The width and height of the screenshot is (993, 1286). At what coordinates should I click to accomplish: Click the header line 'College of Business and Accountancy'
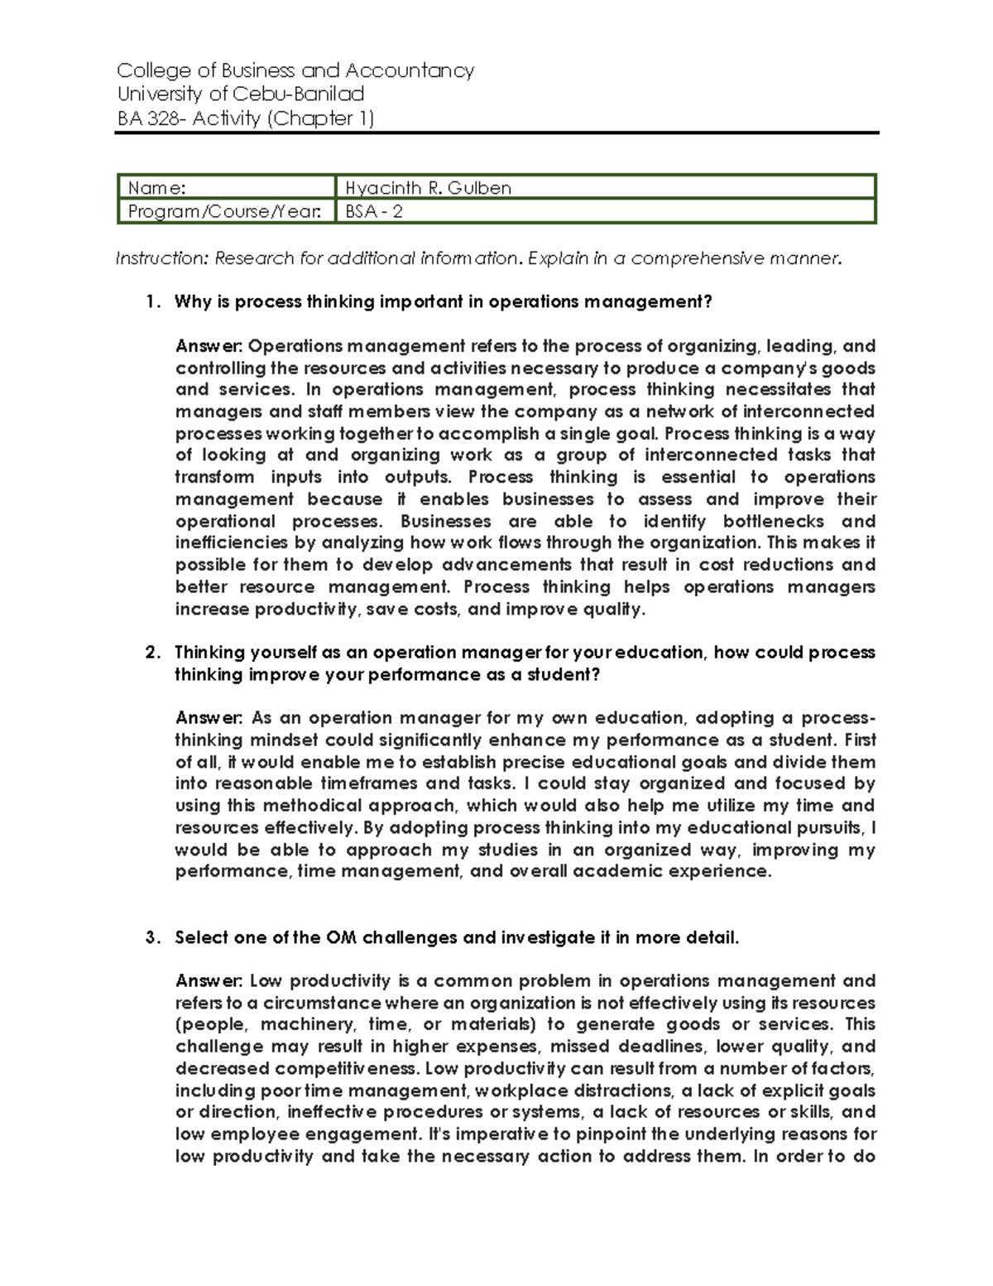coord(295,70)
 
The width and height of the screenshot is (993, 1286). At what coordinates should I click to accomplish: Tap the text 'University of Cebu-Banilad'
coord(241,94)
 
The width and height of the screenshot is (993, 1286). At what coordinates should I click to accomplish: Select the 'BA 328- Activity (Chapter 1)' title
coord(246,118)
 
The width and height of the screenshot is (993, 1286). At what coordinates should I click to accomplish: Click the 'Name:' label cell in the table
coord(226,188)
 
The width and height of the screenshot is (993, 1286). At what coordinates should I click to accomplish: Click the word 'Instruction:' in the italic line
coord(162,258)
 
